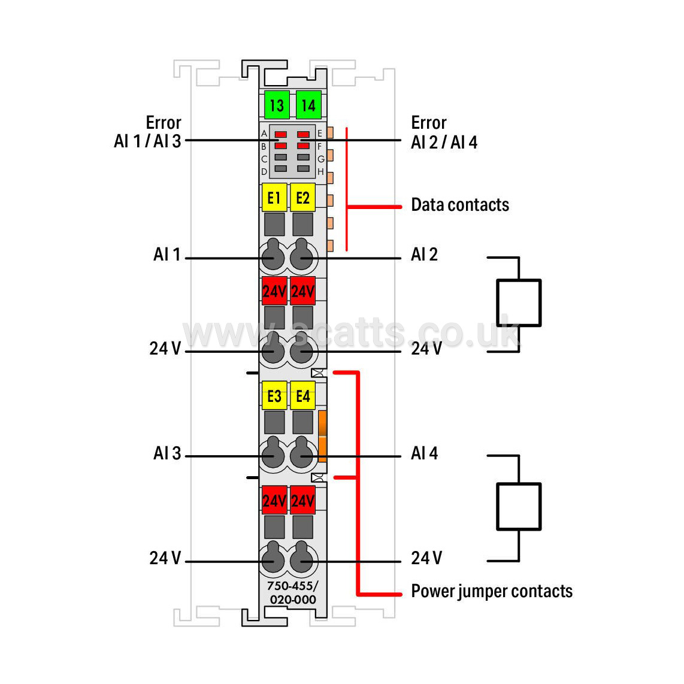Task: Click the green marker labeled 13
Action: [x=277, y=105]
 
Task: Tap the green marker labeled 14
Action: [x=308, y=105]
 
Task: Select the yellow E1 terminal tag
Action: [x=274, y=198]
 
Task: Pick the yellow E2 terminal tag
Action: [x=302, y=198]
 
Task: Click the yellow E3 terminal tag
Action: [x=274, y=396]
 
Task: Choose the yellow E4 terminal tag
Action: [x=302, y=396]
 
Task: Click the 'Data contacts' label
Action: [x=460, y=205]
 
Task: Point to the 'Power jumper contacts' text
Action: [x=492, y=592]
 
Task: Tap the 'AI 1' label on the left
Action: [x=167, y=255]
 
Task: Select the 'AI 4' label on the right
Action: [x=424, y=453]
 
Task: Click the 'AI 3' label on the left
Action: [x=167, y=453]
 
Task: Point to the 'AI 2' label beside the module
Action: [x=424, y=255]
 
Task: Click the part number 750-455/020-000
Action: [x=293, y=592]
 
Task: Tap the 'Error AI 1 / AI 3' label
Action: [x=147, y=132]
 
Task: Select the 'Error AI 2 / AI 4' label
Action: [x=444, y=132]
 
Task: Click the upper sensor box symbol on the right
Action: [x=519, y=303]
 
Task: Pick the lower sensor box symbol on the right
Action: [x=519, y=507]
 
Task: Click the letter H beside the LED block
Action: [x=320, y=172]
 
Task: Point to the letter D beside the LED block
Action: [x=264, y=172]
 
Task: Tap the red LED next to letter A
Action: [x=281, y=134]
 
